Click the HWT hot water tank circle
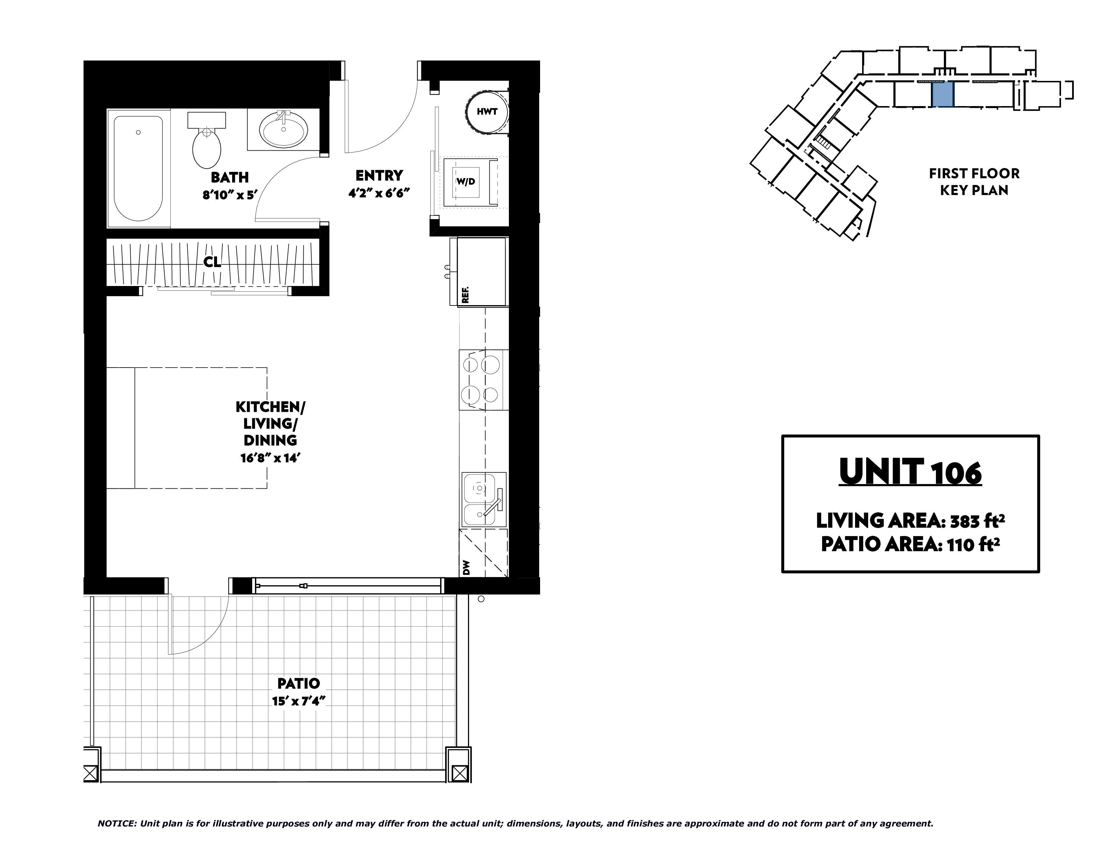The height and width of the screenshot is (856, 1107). [487, 111]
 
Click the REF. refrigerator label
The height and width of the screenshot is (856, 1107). [465, 295]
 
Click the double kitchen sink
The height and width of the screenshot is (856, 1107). [484, 500]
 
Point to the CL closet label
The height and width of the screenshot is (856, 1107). [212, 262]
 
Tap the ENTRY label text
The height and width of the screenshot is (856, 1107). [379, 176]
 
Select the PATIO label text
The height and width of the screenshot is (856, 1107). [299, 683]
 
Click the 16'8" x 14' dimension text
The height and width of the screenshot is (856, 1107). [271, 458]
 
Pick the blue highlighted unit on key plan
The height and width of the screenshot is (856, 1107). [943, 95]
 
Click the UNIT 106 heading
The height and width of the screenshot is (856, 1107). [910, 472]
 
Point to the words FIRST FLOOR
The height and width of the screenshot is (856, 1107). [974, 174]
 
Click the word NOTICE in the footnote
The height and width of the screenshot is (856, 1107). [116, 823]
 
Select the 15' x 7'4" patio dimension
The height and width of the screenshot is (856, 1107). [298, 701]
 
